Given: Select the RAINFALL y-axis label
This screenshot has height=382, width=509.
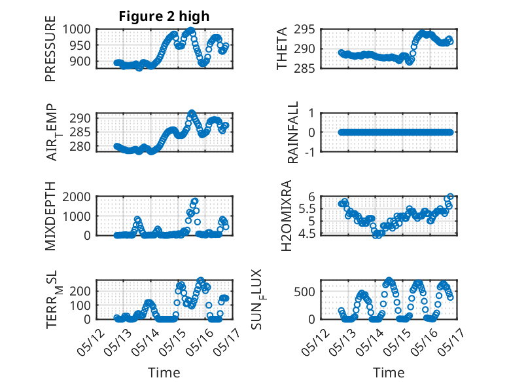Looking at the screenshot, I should [293, 132].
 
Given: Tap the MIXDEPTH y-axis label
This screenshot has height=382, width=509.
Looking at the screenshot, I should [51, 216].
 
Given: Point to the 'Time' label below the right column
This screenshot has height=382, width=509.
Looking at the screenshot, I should [389, 372].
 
